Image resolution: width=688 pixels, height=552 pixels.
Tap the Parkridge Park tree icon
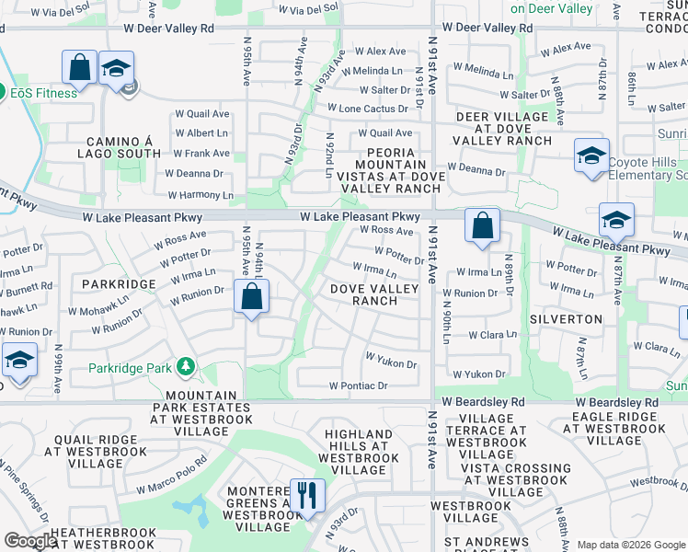[x=187, y=368]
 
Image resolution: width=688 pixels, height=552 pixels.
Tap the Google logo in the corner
[x=31, y=542]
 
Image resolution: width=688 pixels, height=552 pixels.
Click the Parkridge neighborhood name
[x=119, y=284]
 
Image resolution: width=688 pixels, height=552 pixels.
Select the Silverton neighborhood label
[x=566, y=319]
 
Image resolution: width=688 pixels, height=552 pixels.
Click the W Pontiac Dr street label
[x=359, y=385]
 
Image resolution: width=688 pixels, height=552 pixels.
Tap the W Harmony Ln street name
[x=201, y=195]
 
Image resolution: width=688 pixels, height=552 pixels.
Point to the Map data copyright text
[x=632, y=545]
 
